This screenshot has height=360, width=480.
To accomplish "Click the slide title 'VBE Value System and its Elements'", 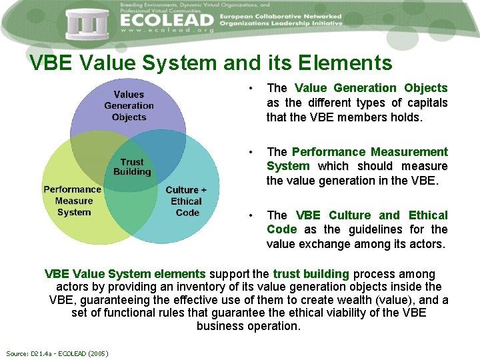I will pyautogui.click(x=211, y=63).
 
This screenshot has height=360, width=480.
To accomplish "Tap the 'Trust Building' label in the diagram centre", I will pyautogui.click(x=132, y=167).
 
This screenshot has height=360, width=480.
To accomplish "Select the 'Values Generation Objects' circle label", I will pyautogui.click(x=129, y=106).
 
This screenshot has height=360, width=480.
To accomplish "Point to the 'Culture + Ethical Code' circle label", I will pyautogui.click(x=186, y=201).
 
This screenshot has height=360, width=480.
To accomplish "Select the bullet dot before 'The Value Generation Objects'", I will pyautogui.click(x=249, y=88).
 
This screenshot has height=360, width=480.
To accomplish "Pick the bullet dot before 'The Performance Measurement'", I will pyautogui.click(x=249, y=152).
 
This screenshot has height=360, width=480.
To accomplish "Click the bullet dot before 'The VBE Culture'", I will pyautogui.click(x=249, y=215).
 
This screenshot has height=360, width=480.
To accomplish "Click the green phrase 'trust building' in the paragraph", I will pyautogui.click(x=311, y=274).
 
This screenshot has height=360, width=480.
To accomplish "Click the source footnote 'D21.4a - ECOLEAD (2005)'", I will pyautogui.click(x=57, y=353).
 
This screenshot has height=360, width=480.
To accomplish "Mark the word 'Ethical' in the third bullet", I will pyautogui.click(x=428, y=215).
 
